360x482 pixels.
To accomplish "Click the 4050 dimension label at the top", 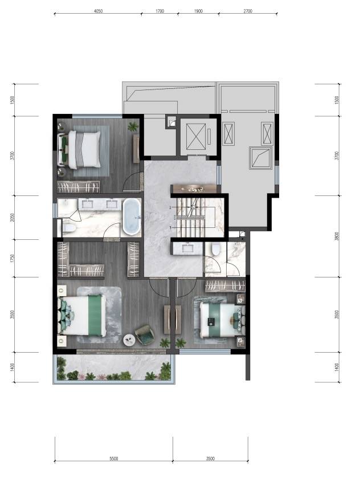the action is click(98, 11).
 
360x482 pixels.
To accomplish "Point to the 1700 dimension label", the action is click(160, 11).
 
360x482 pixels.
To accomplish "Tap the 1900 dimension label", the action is click(199, 11).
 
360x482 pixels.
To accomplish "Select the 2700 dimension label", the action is click(248, 11).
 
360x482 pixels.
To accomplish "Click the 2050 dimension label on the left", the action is click(13, 218).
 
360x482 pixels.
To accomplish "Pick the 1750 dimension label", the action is click(13, 259).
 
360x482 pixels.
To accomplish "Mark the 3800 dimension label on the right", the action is click(337, 236).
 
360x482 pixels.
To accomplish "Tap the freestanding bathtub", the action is click(132, 217).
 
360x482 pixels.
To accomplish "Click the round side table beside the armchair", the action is click(129, 340).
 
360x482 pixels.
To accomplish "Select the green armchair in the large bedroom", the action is click(144, 334).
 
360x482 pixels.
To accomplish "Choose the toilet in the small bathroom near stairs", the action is click(216, 250).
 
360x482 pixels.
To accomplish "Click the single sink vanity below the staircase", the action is click(187, 248).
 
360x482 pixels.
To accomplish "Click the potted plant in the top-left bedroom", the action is click(133, 126).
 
